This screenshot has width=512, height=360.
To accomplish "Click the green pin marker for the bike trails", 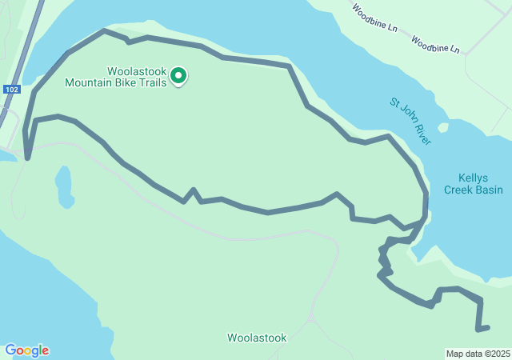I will click(x=178, y=76).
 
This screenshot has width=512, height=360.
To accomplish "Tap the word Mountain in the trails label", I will click(x=90, y=82).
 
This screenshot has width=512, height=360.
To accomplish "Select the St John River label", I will click(x=410, y=122).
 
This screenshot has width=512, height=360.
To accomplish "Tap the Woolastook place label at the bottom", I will click(x=256, y=338).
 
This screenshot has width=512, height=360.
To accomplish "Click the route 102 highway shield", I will click(x=10, y=90).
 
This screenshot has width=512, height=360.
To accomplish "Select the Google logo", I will click(x=26, y=350).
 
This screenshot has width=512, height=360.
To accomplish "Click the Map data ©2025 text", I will click(x=478, y=354).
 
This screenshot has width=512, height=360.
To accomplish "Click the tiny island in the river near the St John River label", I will click(x=442, y=127).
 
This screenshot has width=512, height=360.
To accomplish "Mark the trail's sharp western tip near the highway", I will click(x=27, y=158).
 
